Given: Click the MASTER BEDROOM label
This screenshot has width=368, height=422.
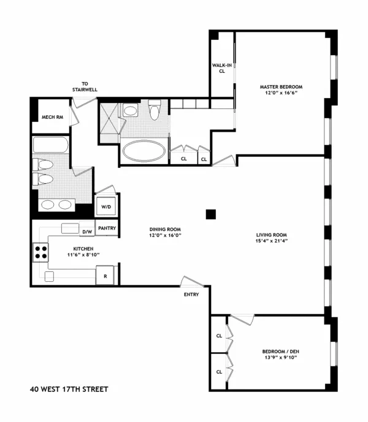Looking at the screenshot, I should pyautogui.click(x=281, y=86).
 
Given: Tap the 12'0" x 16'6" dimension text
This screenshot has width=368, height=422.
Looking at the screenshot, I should pyautogui.click(x=281, y=93).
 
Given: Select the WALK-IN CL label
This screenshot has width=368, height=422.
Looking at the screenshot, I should pyautogui.click(x=222, y=67).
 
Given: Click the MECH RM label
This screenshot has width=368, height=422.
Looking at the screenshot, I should pyautogui.click(x=51, y=118).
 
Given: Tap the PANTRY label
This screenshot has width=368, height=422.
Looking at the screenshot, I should pyautogui.click(x=106, y=228).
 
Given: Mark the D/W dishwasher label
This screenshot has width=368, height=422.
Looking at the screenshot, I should pyautogui.click(x=86, y=232).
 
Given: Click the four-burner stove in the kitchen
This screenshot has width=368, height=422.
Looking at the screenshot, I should pyautogui.click(x=41, y=252).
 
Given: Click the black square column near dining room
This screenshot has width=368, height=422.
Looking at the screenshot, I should pyautogui.click(x=211, y=214).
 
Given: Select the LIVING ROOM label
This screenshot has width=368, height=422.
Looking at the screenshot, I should pyautogui.click(x=272, y=235).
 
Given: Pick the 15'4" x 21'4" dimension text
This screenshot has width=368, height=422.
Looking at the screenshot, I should pyautogui.click(x=272, y=241).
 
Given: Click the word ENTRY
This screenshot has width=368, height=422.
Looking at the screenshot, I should pyautogui.click(x=191, y=295).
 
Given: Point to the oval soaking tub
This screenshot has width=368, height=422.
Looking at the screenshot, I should pyautogui.click(x=143, y=149).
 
